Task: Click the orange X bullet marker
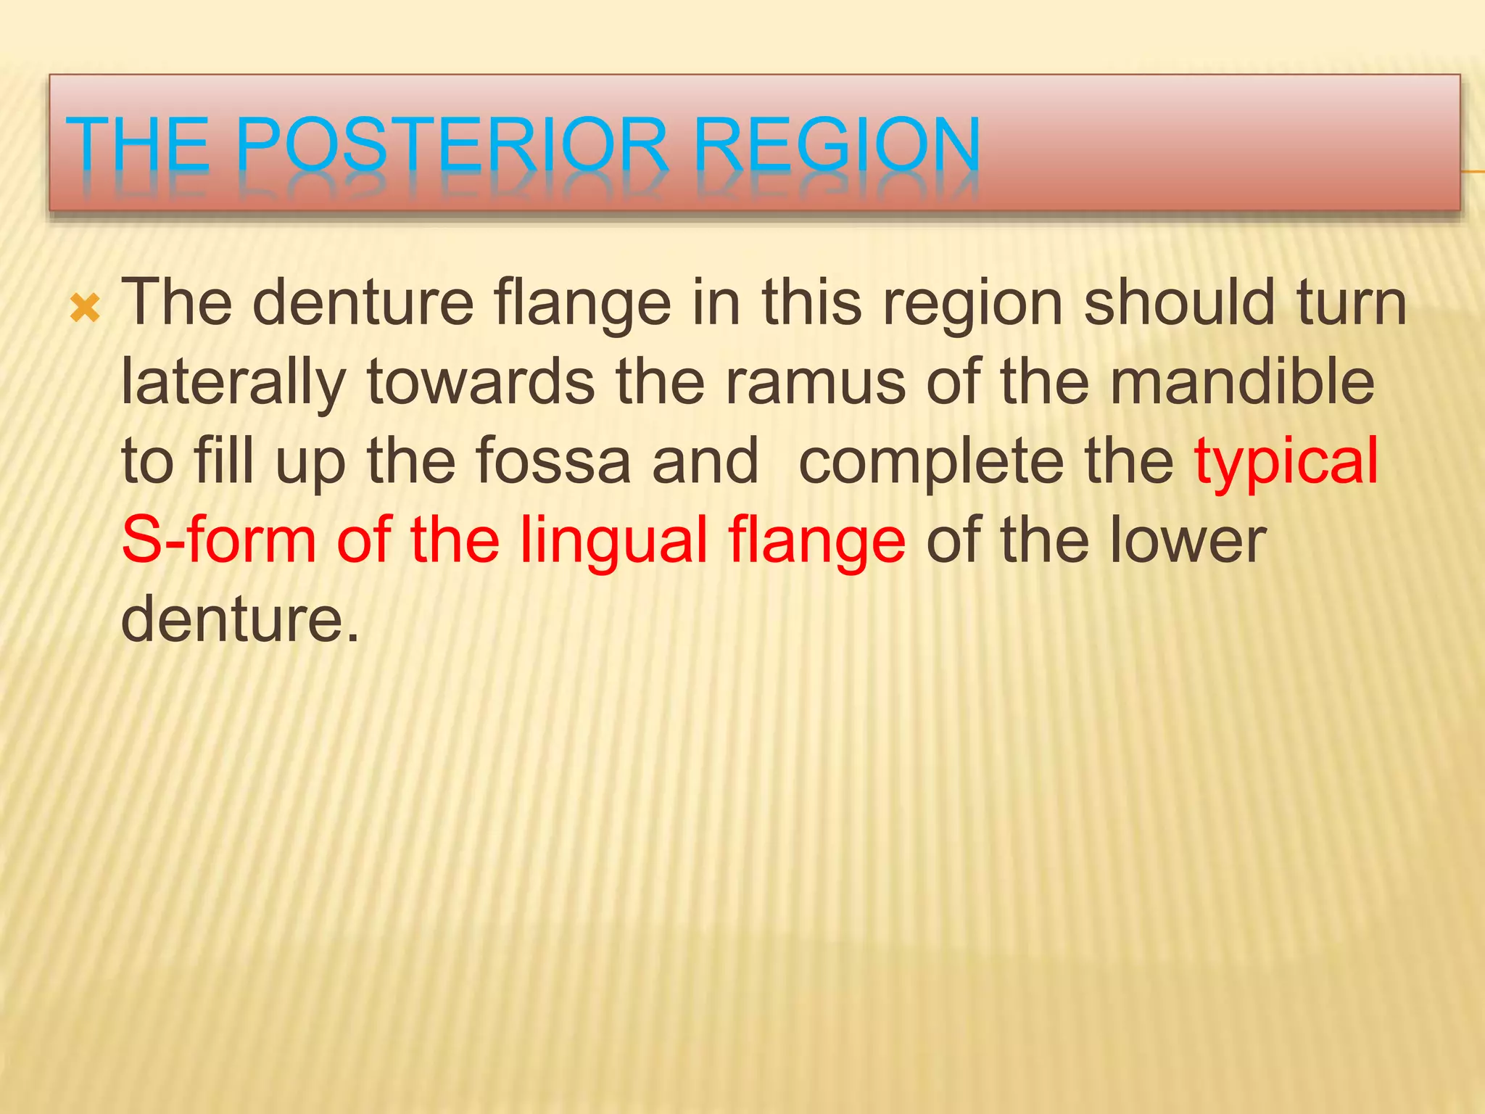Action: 86,310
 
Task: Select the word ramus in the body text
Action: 815,382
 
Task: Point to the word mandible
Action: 1242,382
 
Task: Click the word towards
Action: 481,382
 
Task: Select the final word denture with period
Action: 239,619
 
